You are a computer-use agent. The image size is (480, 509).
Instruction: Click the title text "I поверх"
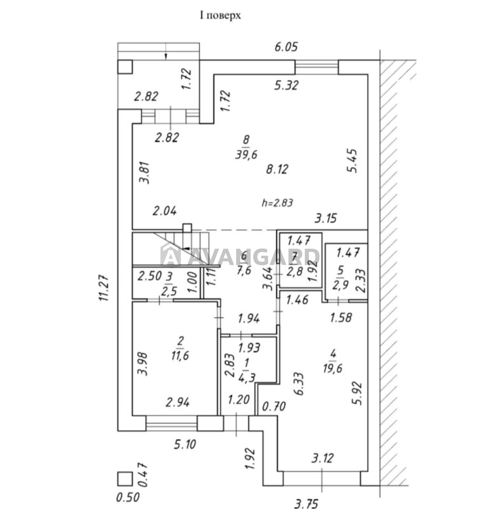[220, 15]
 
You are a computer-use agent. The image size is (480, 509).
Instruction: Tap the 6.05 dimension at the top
[286, 47]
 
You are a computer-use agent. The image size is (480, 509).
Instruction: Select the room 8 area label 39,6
[246, 155]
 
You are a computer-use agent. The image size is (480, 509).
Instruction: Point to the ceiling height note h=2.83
[277, 203]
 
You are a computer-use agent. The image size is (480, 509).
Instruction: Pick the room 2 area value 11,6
[180, 355]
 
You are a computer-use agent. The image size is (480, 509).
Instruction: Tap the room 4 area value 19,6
[332, 368]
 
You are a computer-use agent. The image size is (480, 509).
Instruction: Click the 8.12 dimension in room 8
[277, 169]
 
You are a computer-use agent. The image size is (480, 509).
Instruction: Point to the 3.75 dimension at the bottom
[306, 504]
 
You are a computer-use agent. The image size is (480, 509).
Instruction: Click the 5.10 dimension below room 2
[185, 444]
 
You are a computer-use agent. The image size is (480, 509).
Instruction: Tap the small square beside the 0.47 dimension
[125, 479]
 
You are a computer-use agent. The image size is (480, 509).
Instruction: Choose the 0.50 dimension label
[128, 497]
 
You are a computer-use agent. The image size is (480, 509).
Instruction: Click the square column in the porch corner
[125, 67]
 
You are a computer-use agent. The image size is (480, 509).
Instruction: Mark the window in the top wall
[316, 67]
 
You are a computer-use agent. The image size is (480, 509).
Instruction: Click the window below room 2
[172, 423]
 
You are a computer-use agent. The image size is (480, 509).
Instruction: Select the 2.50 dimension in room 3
[150, 275]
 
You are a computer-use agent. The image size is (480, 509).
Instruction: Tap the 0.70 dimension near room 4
[274, 406]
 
